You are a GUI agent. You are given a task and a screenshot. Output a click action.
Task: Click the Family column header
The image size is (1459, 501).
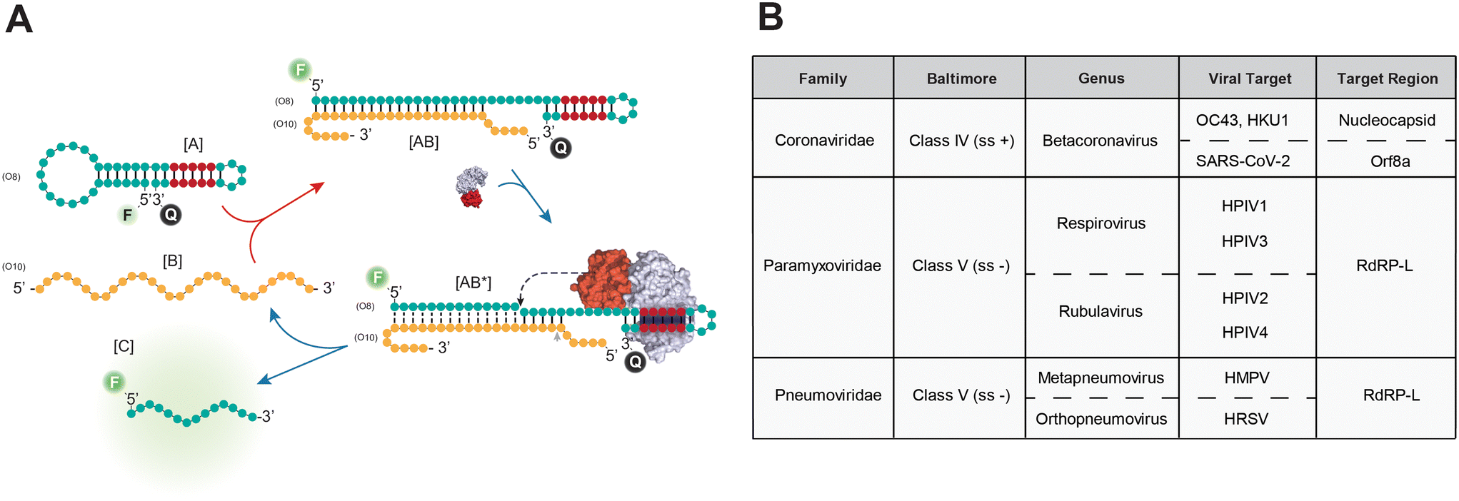[823, 79]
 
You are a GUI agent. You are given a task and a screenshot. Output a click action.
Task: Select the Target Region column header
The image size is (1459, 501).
[1387, 79]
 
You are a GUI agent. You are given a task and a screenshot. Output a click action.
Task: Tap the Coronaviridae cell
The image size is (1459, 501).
[824, 140]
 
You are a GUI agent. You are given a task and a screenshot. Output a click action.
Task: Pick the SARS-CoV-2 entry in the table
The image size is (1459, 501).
[1243, 161]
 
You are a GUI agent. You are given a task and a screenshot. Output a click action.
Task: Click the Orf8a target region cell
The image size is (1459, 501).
[1390, 161]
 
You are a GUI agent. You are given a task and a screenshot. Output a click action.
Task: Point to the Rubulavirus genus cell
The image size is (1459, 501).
[1100, 311]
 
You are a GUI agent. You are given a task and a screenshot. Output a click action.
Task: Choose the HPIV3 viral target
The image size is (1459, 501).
[1244, 241]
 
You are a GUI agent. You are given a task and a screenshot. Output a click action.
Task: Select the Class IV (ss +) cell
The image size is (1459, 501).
[961, 141]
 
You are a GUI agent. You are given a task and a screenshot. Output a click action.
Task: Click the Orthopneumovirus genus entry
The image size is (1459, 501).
[1100, 419]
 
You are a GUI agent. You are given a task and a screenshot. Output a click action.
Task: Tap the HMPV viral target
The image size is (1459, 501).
[1246, 378]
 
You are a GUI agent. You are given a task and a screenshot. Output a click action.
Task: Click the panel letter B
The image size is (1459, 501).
[771, 18]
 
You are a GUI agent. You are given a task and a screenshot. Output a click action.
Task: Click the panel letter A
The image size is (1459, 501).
[19, 19]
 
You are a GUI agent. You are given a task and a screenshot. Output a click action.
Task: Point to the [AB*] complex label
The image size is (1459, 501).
[473, 283]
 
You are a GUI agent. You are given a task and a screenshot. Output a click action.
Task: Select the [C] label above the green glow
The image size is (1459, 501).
[124, 346]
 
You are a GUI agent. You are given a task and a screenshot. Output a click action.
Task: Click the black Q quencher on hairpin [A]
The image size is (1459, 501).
[171, 215]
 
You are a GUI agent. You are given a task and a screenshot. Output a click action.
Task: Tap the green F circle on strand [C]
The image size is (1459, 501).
[114, 383]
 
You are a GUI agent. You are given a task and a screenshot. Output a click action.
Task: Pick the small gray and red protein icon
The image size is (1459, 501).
[472, 187]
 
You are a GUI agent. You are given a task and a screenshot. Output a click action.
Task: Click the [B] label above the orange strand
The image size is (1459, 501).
[172, 260]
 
